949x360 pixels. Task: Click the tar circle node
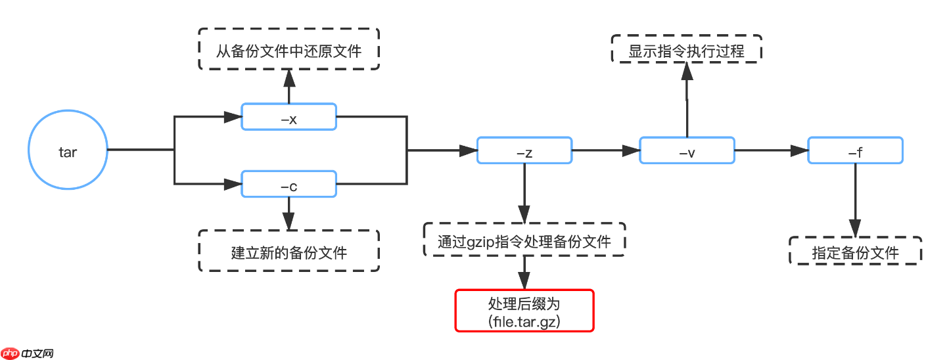pyautogui.click(x=68, y=150)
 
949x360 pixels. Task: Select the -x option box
pyautogui.click(x=289, y=118)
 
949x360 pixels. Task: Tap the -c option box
pyautogui.click(x=289, y=184)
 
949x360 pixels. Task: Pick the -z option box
pyautogui.click(x=524, y=151)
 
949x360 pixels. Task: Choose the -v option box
pyautogui.click(x=687, y=151)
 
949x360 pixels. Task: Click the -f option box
pyautogui.click(x=855, y=151)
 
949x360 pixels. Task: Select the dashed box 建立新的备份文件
pyautogui.click(x=289, y=251)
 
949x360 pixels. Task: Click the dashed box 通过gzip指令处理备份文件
pyautogui.click(x=524, y=241)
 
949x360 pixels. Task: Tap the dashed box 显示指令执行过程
pyautogui.click(x=686, y=49)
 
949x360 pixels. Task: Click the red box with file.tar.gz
pyautogui.click(x=524, y=311)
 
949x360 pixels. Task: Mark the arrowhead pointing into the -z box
pyautogui.click(x=468, y=151)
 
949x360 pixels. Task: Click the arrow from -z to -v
pyautogui.click(x=605, y=151)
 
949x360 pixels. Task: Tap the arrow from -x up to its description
pyautogui.click(x=289, y=85)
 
